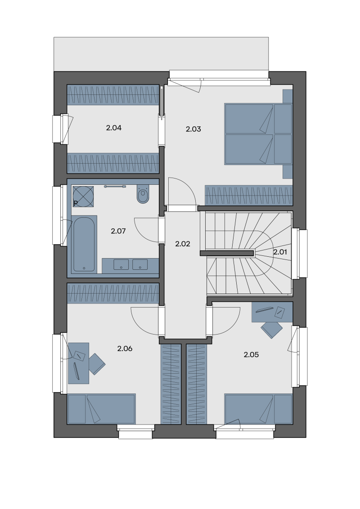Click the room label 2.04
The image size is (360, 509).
click(x=114, y=128)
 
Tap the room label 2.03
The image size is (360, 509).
click(x=193, y=129)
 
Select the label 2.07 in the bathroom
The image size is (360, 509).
click(x=118, y=231)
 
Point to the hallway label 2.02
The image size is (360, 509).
click(x=183, y=244)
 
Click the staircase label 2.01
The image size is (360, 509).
click(x=280, y=252)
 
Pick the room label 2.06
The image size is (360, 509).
click(x=125, y=348)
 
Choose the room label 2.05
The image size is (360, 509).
click(x=251, y=355)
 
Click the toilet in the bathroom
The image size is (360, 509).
click(x=143, y=194)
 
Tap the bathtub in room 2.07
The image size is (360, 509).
click(x=84, y=244)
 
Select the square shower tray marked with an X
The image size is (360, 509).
click(x=83, y=196)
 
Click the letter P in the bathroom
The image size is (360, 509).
click(x=76, y=204)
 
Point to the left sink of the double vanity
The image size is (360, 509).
click(x=121, y=264)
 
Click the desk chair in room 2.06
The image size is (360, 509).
click(x=97, y=364)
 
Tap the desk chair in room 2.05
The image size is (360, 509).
click(x=272, y=330)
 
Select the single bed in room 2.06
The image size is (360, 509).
click(x=101, y=409)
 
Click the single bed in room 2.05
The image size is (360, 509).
click(x=259, y=409)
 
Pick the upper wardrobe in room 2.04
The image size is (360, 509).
click(x=113, y=95)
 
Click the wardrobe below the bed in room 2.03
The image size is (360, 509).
click(x=248, y=195)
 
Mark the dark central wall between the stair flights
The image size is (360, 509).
click(x=227, y=253)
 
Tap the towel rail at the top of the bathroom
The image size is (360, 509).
click(x=115, y=187)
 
